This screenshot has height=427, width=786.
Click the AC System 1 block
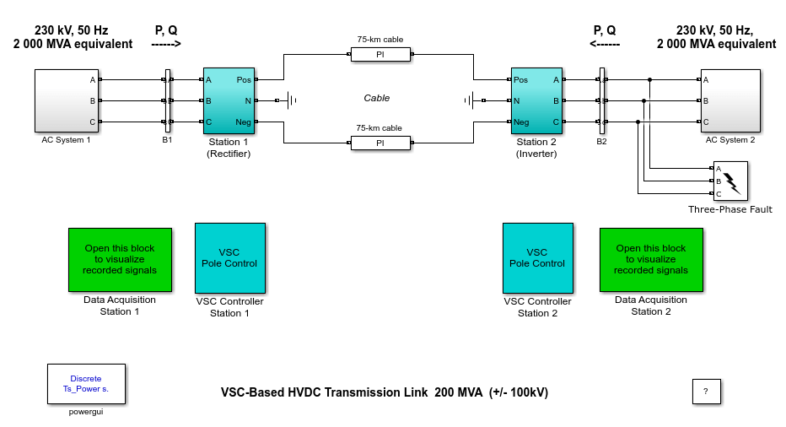(66, 101)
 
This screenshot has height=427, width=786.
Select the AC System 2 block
(729, 101)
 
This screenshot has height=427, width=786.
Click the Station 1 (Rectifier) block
(229, 101)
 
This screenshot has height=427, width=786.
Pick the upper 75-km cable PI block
(380, 55)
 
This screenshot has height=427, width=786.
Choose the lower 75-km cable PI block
(380, 143)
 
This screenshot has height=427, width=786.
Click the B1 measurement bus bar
(168, 101)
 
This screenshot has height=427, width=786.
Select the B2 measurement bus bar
(601, 101)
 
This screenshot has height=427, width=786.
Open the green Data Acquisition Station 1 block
(120, 259)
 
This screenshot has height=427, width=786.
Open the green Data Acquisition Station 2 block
(650, 259)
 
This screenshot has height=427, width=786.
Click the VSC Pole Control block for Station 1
(229, 257)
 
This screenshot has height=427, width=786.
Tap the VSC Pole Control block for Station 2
(537, 257)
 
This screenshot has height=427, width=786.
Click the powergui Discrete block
(86, 384)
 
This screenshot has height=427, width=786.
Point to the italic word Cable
(377, 98)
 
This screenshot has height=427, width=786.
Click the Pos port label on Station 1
(244, 80)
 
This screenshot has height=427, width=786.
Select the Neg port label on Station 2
(521, 122)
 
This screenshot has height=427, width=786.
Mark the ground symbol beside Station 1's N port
(291, 101)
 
